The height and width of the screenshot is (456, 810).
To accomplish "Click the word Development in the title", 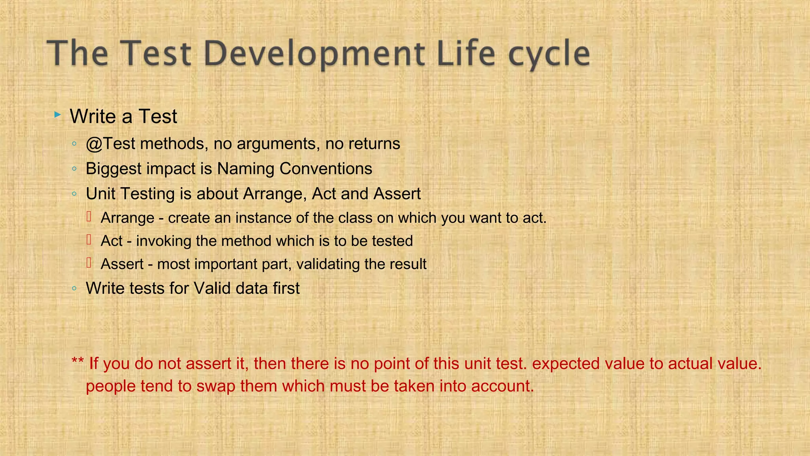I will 314,53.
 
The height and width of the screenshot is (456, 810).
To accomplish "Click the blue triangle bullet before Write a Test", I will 58,115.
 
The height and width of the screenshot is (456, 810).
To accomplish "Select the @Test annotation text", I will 111,144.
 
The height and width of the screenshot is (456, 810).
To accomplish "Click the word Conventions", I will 326,169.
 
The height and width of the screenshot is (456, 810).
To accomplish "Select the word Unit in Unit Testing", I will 100,194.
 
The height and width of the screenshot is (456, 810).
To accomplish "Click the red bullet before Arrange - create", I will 89,217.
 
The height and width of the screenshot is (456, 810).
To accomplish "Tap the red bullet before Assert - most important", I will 89,263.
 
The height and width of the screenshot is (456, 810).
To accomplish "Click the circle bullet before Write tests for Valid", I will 74,289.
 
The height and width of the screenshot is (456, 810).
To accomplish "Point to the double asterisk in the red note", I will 78,362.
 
